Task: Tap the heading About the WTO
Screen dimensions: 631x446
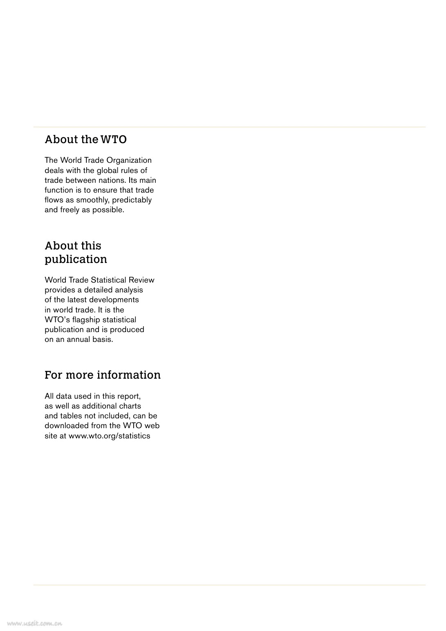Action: pyautogui.click(x=85, y=139)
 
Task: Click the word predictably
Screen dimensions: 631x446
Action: pyautogui.click(x=132, y=200)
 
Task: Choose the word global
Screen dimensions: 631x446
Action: pyautogui.click(x=107, y=171)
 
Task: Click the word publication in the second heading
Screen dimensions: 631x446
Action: pyautogui.click(x=76, y=259)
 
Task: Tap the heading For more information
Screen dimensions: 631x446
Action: pyautogui.click(x=102, y=375)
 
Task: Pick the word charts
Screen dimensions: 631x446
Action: pyautogui.click(x=130, y=406)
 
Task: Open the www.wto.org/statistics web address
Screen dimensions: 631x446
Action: pyautogui.click(x=109, y=436)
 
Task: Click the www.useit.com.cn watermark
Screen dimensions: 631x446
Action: pyautogui.click(x=34, y=624)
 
